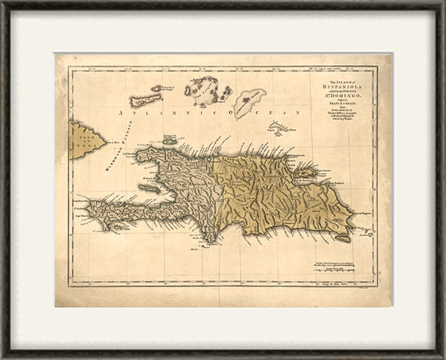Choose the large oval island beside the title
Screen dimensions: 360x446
click(x=250, y=99)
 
